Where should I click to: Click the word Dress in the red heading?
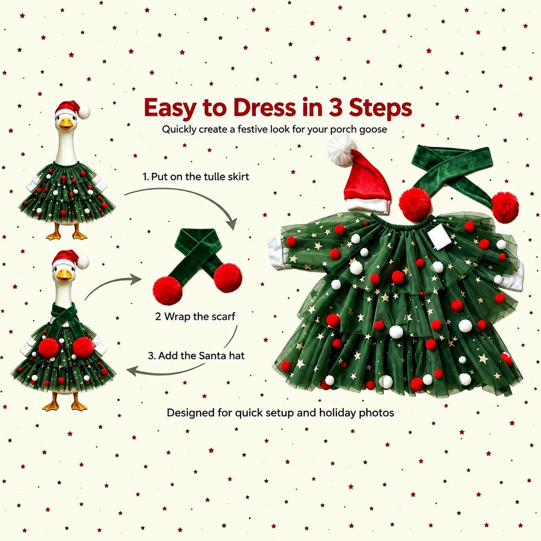264,108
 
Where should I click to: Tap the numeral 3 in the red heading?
335,108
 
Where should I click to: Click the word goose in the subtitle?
373,130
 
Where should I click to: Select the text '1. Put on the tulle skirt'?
196,177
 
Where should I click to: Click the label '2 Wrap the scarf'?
195,317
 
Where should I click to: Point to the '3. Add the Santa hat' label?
196,355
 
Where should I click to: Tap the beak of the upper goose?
65,124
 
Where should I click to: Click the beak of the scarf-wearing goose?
64,275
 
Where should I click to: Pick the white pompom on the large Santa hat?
341,150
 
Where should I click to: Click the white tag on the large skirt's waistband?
439,236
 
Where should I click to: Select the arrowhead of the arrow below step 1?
233,223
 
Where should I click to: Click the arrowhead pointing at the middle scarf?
136,279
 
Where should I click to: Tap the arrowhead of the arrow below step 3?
132,371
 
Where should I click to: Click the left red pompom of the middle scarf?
167,290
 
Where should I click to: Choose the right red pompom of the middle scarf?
228,278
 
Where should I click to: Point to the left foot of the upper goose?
54,234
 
